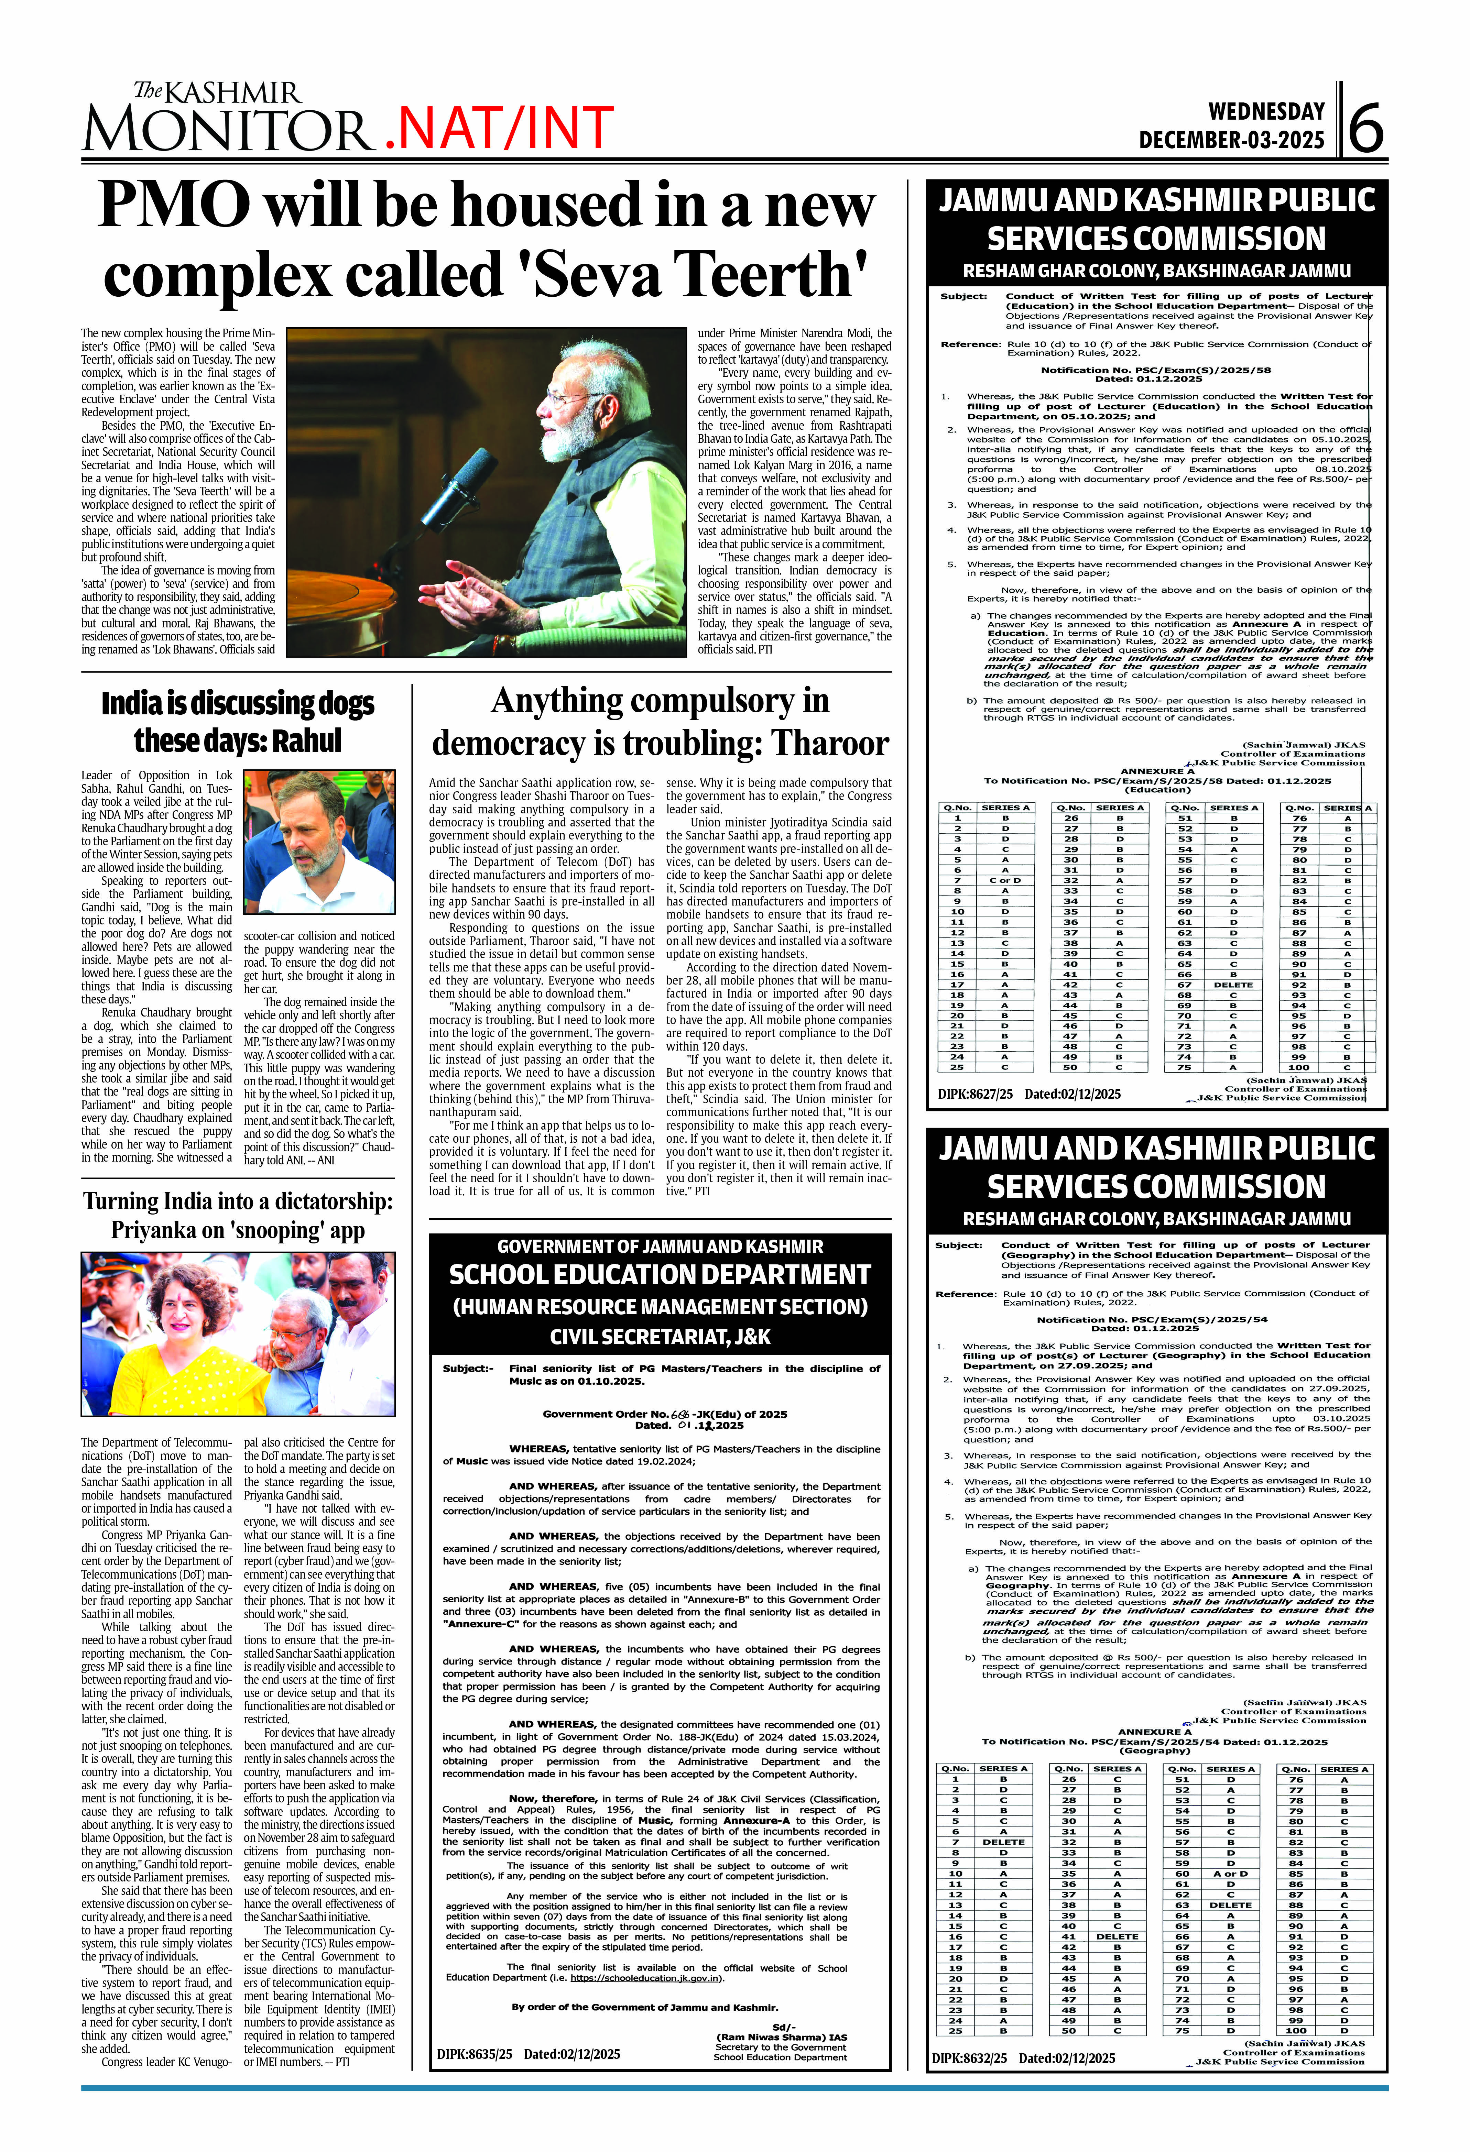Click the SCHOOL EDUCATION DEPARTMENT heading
[x=660, y=1275]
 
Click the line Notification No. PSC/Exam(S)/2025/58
[x=1155, y=370]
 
